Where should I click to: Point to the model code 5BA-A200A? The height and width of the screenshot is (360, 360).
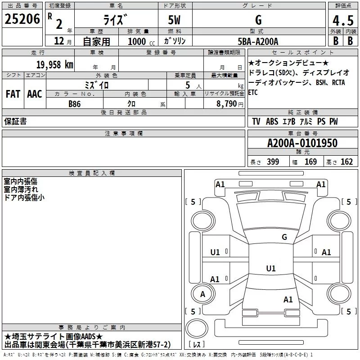pyautogui.click(x=258, y=41)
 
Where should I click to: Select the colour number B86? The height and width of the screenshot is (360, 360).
pyautogui.click(x=75, y=104)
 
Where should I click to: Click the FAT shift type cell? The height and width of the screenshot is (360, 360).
pyautogui.click(x=13, y=94)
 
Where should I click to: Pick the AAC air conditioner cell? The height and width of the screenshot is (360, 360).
pyautogui.click(x=34, y=94)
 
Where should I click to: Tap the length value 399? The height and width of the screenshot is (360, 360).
pyautogui.click(x=273, y=162)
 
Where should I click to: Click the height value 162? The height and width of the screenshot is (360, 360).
pyautogui.click(x=346, y=162)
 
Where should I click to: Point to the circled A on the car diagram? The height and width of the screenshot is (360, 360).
pyautogui.click(x=202, y=294)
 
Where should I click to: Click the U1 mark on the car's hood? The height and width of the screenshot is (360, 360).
pyautogui.click(x=270, y=269)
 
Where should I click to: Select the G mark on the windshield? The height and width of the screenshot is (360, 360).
pyautogui.click(x=284, y=237)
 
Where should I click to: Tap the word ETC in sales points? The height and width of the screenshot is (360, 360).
pyautogui.click(x=253, y=92)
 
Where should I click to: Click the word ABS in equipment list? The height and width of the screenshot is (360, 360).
pyautogui.click(x=272, y=122)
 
